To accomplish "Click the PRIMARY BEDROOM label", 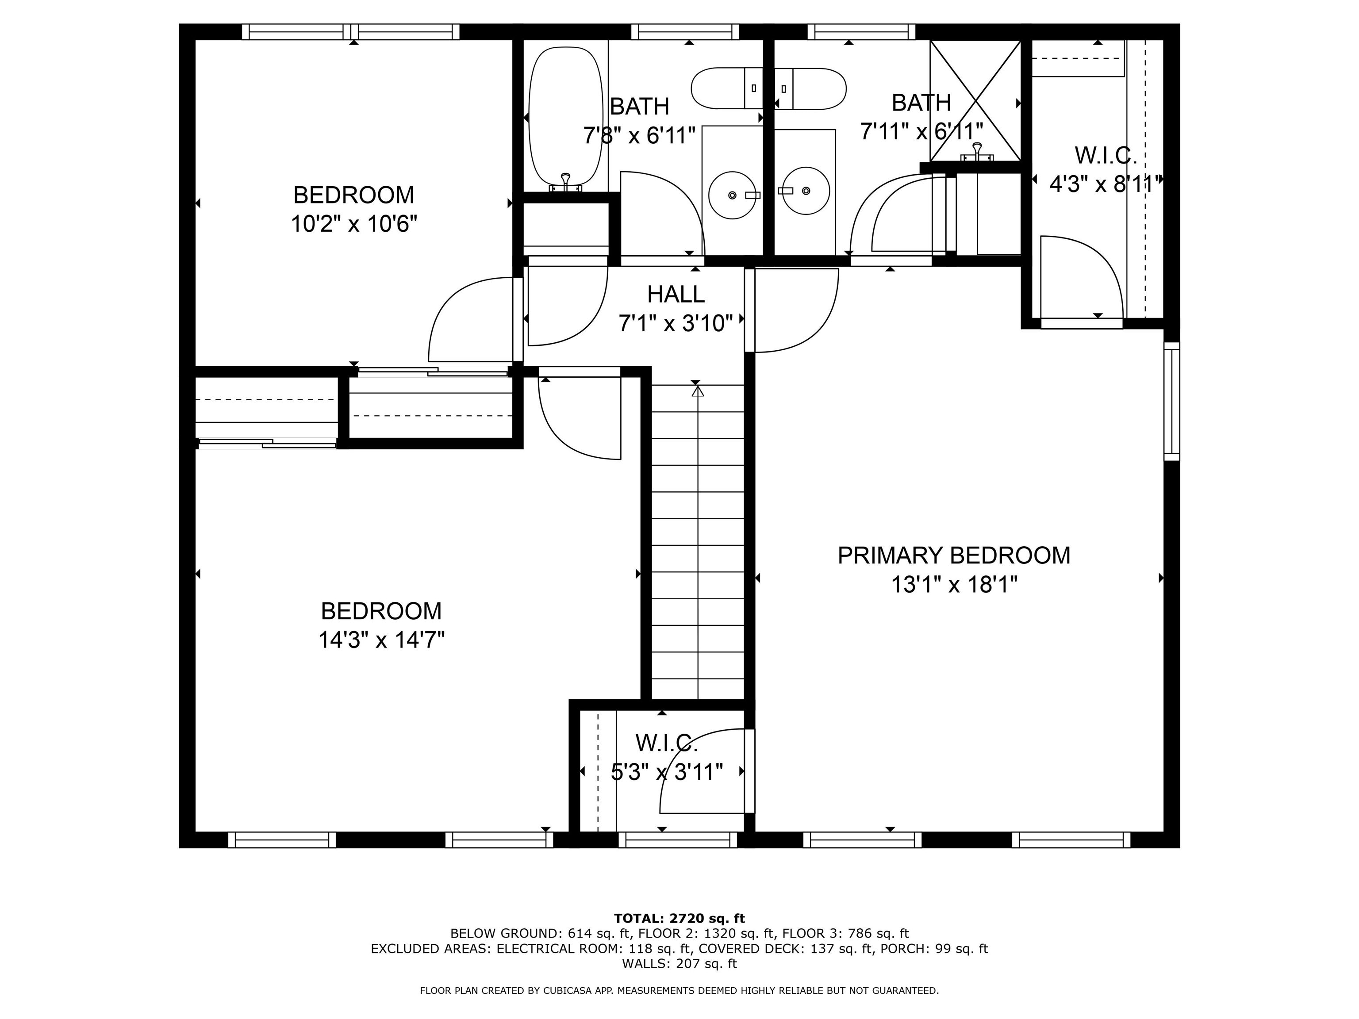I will click(x=953, y=555).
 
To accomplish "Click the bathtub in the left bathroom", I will click(x=565, y=117).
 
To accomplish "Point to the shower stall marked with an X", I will click(x=975, y=101).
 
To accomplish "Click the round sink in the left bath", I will click(x=732, y=195).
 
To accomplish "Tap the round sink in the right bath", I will click(x=806, y=191).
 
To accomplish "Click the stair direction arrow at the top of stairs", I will click(x=697, y=391).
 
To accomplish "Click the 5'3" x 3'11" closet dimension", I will click(x=667, y=771).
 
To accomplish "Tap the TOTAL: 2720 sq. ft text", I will click(x=679, y=918).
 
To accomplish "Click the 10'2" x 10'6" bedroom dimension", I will click(x=354, y=224).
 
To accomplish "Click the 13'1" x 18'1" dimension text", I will click(x=953, y=585).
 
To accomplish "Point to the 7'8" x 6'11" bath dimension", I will click(x=639, y=135).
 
